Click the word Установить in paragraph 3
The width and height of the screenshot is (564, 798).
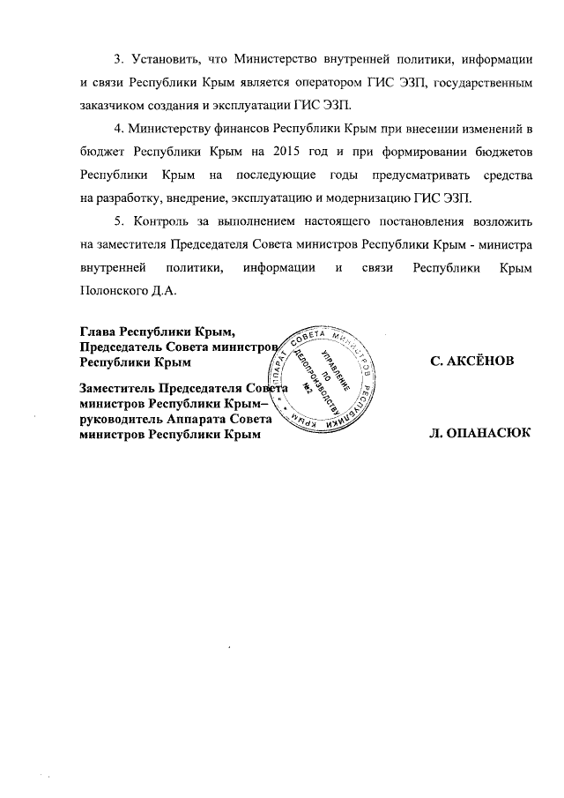click(165, 59)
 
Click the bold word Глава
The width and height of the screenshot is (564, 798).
click(97, 332)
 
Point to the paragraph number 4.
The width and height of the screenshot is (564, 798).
click(119, 130)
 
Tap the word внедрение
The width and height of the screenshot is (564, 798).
click(195, 199)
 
